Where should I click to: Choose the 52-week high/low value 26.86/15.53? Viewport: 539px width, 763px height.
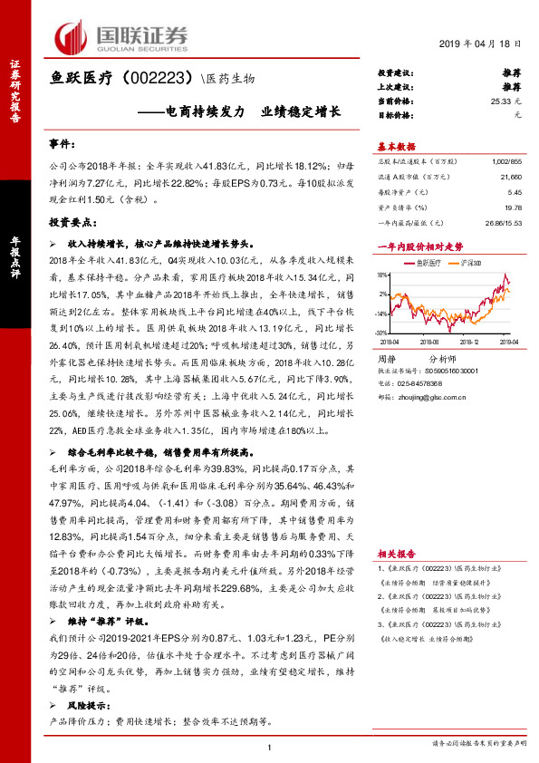click(502, 222)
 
